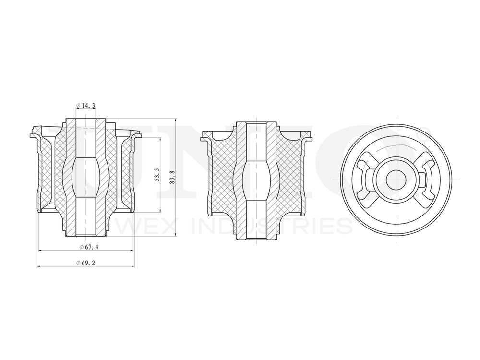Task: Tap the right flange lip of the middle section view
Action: click(x=307, y=140)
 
